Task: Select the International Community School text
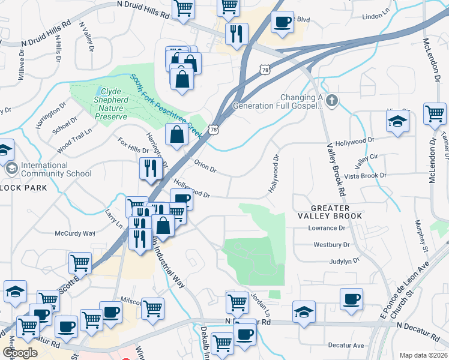click(56, 169)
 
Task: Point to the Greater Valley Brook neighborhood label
click(330, 211)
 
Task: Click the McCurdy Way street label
click(75, 233)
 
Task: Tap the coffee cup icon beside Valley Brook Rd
click(351, 298)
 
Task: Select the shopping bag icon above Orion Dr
click(177, 134)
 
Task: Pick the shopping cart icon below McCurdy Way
click(80, 262)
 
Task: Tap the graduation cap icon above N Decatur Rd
click(304, 311)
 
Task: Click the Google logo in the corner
click(20, 353)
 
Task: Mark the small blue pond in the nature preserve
click(97, 92)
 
